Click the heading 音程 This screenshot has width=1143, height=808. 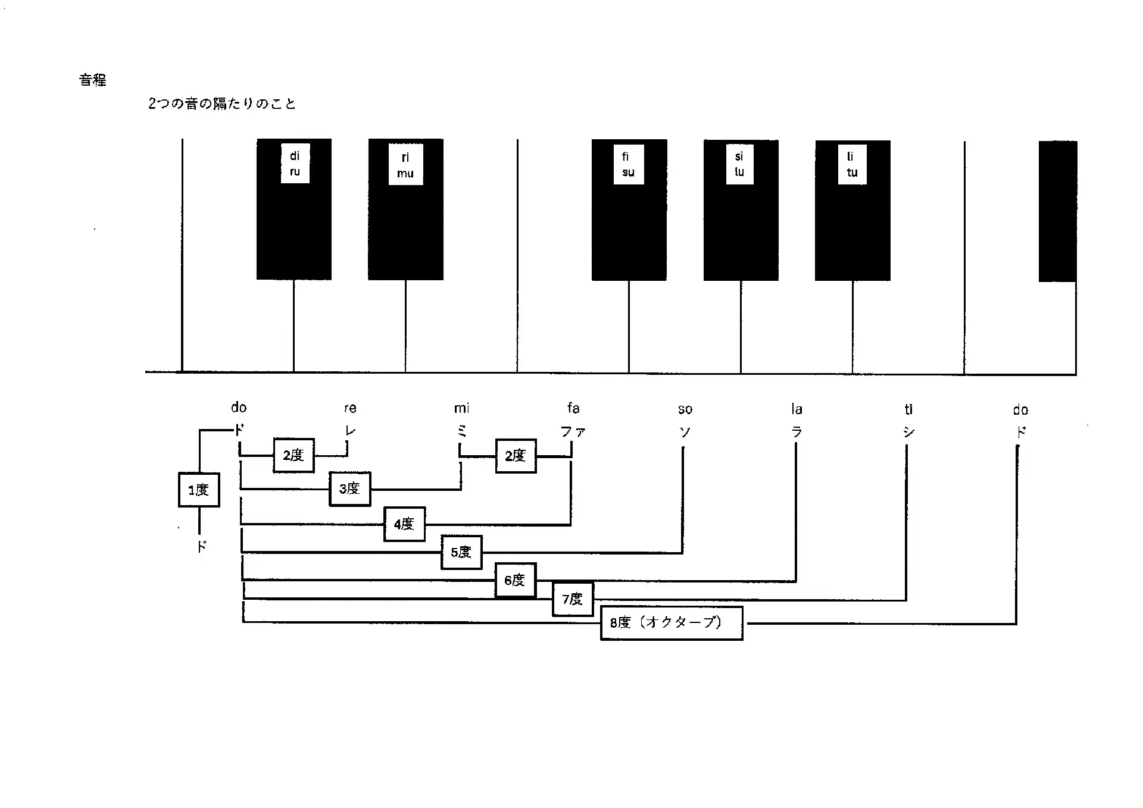(x=93, y=80)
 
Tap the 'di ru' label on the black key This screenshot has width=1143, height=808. (x=295, y=164)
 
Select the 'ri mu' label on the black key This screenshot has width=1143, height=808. (x=405, y=165)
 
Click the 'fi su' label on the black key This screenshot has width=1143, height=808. (x=629, y=164)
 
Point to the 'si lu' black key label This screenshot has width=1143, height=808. (x=739, y=164)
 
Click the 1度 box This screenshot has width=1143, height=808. (x=199, y=490)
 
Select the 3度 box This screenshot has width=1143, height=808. (x=350, y=488)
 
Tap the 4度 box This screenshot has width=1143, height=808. (x=404, y=524)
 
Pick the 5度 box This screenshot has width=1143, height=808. (x=461, y=552)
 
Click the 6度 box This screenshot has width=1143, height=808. (x=516, y=580)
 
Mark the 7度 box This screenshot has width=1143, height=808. (x=573, y=599)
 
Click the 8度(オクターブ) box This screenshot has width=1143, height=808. (x=672, y=623)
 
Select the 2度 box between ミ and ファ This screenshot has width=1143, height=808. (x=516, y=456)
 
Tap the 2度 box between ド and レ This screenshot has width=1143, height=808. (x=293, y=455)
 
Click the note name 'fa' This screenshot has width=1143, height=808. (x=573, y=408)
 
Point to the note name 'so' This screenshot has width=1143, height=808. (x=685, y=409)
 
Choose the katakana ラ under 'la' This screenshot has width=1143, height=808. (x=797, y=432)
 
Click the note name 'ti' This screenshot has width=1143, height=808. (x=908, y=409)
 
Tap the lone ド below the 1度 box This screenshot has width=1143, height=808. (x=202, y=546)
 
